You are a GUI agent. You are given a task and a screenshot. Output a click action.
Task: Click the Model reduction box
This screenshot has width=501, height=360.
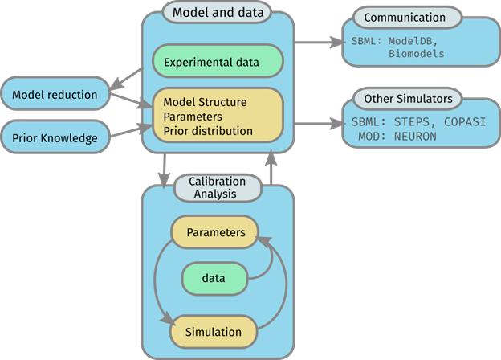(55, 95)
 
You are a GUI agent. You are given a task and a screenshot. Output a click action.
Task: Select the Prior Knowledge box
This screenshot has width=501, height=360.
(55, 138)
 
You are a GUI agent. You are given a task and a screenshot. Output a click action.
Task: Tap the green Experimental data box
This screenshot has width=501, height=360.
(217, 62)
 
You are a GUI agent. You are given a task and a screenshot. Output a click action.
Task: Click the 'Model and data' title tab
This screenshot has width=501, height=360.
(217, 13)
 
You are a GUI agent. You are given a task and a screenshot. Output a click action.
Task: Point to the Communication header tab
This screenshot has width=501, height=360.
(404, 17)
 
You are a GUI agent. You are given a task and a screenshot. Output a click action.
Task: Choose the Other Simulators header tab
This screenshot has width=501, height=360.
(407, 99)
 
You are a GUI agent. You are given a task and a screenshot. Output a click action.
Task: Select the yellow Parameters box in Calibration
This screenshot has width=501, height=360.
(214, 233)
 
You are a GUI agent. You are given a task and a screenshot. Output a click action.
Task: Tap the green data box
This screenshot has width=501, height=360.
(214, 278)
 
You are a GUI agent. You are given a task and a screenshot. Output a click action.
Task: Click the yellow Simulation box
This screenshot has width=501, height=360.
(214, 331)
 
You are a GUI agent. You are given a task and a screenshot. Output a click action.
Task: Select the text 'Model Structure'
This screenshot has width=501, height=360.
(205, 103)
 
